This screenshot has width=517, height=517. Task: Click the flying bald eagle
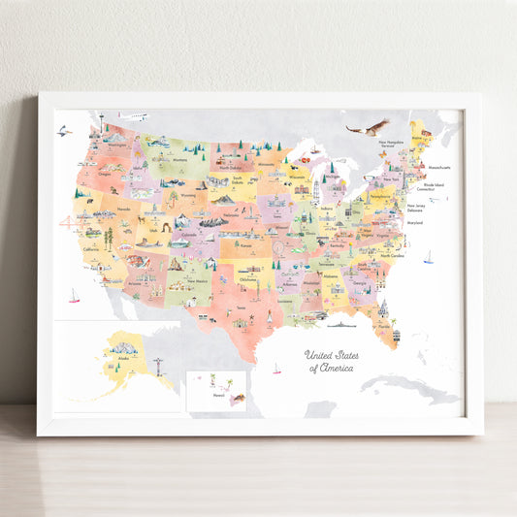coord(368,128)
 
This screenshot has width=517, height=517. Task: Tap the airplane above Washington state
coord(134,117)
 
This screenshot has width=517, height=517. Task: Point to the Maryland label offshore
coord(416,223)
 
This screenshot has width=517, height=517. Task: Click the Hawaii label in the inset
coord(217,396)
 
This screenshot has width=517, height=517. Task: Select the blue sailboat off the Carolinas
coord(428,257)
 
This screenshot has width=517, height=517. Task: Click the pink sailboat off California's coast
coord(74,295)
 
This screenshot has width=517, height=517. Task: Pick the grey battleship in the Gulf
coord(340,325)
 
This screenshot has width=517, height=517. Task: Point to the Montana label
coord(179,160)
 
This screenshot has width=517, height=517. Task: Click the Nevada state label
coord(123,209)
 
